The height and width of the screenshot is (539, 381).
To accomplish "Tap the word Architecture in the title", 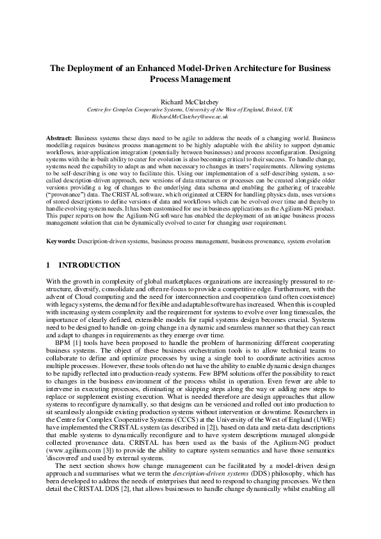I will tap(264, 68).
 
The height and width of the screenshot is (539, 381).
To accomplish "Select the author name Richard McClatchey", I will tap(190, 101).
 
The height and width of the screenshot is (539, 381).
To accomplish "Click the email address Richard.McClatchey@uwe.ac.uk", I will tap(190, 117).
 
